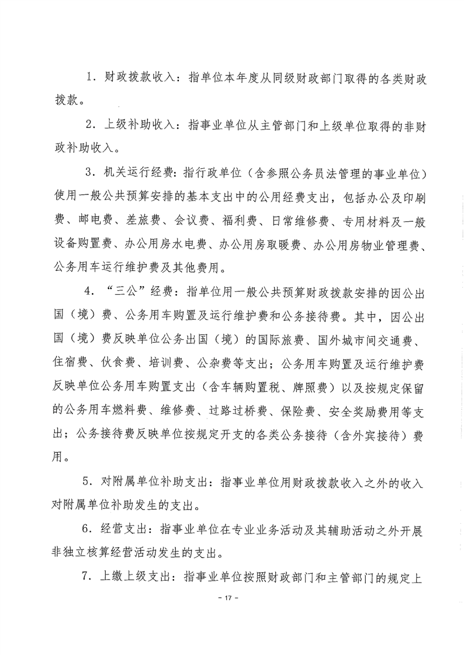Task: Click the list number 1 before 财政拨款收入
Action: pos(89,78)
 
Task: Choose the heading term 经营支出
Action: pos(120,531)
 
